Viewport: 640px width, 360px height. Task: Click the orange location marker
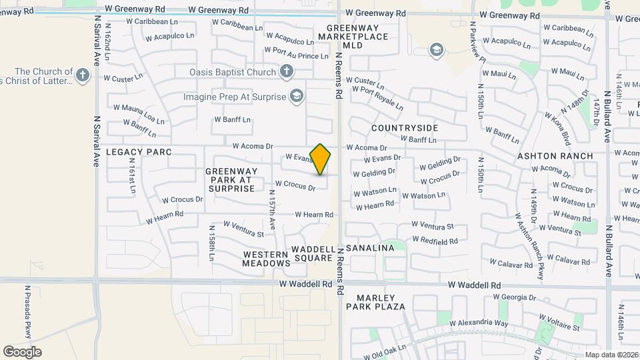pyautogui.click(x=321, y=159)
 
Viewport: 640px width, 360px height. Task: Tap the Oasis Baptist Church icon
pyautogui.click(x=287, y=71)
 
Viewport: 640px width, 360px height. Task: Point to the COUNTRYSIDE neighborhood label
pyautogui.click(x=405, y=127)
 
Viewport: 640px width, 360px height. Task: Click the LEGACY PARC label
pyautogui.click(x=139, y=152)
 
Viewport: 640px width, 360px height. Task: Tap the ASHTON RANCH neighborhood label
pyautogui.click(x=555, y=156)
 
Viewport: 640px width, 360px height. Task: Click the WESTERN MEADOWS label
pyautogui.click(x=267, y=259)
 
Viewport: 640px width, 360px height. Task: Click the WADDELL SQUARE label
pyautogui.click(x=312, y=254)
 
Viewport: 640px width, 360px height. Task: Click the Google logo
pyautogui.click(x=22, y=351)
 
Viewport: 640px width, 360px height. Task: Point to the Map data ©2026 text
pyautogui.click(x=611, y=355)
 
